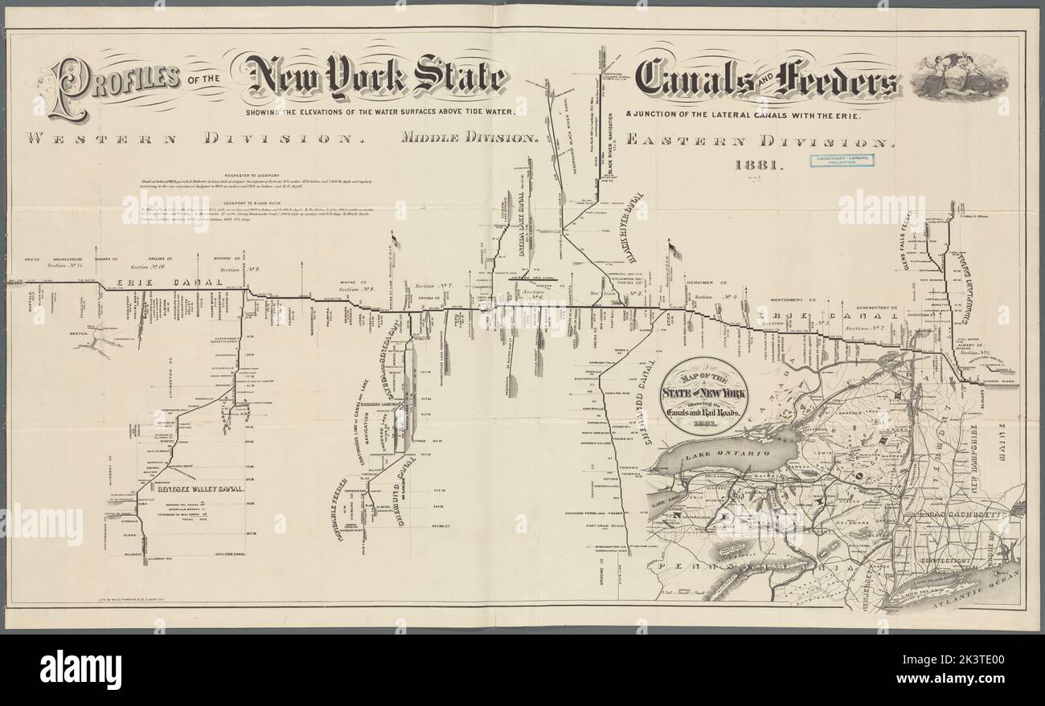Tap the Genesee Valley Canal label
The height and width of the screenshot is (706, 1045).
(x=200, y=488)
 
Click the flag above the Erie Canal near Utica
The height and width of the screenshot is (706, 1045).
(x=675, y=251)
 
